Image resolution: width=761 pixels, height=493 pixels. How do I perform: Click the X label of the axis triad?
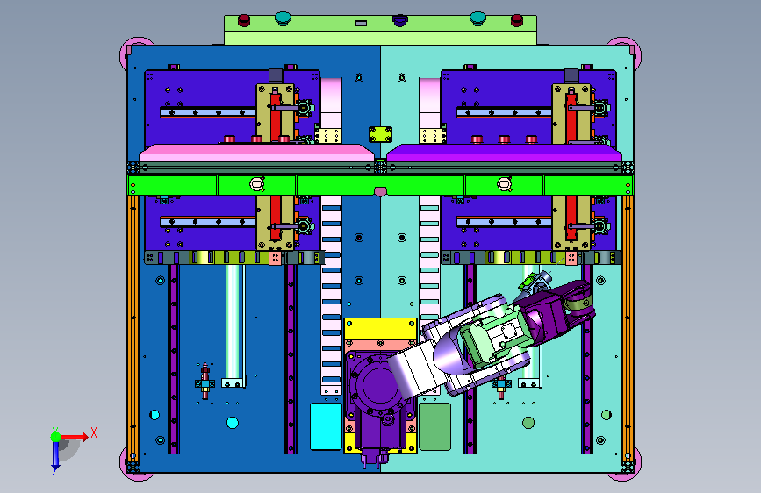(94, 432)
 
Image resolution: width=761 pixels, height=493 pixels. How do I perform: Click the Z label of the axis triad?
(54, 471)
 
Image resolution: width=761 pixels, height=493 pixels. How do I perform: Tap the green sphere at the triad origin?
(56, 437)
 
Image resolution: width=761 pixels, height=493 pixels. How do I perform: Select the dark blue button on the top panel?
(400, 20)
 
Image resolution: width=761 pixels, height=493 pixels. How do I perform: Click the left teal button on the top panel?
(283, 18)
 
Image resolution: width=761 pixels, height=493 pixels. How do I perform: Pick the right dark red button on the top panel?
(517, 20)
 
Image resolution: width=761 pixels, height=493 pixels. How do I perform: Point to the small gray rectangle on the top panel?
(361, 23)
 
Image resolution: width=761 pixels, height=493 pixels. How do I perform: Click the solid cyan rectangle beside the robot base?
(326, 426)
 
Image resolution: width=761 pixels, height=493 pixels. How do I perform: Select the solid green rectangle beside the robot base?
(434, 426)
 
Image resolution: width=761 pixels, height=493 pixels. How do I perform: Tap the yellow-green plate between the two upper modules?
(381, 134)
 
